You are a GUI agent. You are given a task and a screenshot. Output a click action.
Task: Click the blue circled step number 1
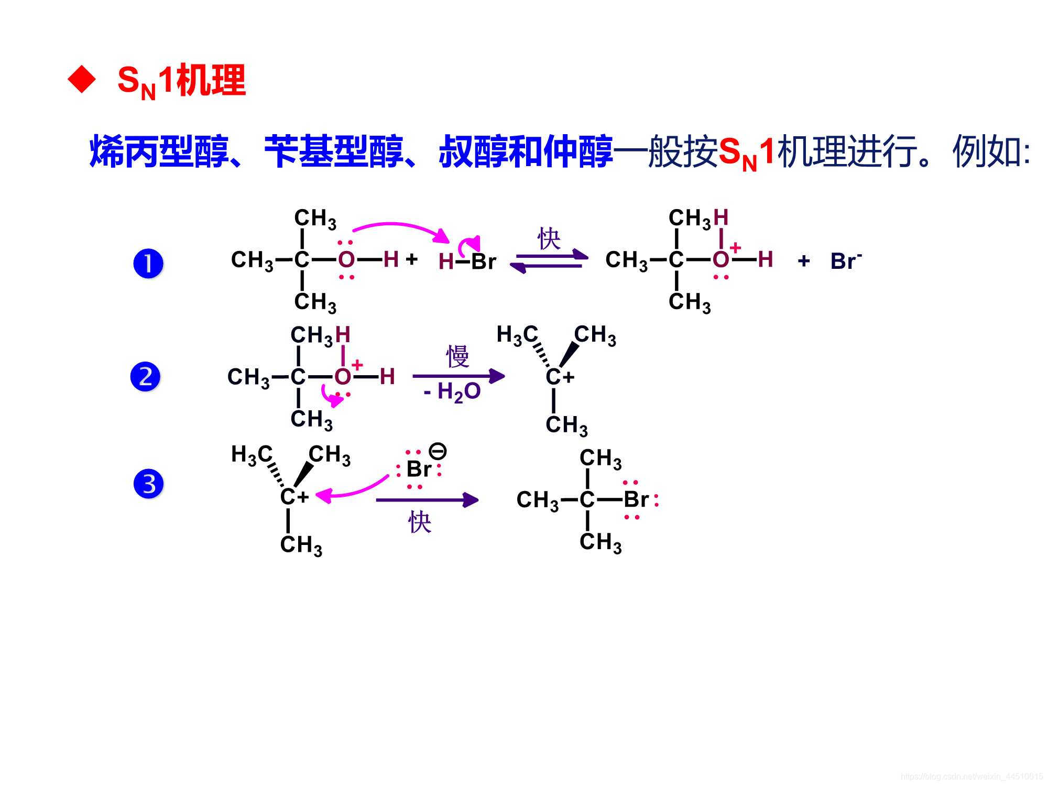[x=148, y=263]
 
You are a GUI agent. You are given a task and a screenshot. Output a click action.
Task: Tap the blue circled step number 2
[x=145, y=377]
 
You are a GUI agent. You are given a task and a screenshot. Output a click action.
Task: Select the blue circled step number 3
[x=149, y=484]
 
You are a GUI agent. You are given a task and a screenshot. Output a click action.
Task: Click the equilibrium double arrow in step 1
[x=549, y=261]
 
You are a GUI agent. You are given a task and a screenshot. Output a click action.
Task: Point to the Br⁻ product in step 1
[x=845, y=260]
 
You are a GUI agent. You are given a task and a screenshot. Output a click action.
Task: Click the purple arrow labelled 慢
[x=458, y=376]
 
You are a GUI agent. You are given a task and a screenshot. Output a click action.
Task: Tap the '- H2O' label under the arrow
[x=452, y=392]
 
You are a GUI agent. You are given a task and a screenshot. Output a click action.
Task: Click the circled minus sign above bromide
[x=438, y=451]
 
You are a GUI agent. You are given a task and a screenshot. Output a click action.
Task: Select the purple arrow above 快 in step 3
[x=427, y=500]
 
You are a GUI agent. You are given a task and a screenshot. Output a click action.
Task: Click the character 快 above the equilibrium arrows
[x=549, y=239]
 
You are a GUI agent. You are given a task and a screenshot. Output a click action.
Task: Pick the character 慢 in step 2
[x=457, y=357]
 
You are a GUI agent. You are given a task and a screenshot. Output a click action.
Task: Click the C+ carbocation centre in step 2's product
[x=559, y=377]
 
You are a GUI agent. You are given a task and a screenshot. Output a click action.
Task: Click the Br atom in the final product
[x=636, y=499]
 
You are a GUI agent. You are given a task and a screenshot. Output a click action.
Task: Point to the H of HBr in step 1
[x=445, y=261]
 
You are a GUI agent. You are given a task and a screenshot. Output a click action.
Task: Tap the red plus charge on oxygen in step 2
[x=357, y=364]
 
